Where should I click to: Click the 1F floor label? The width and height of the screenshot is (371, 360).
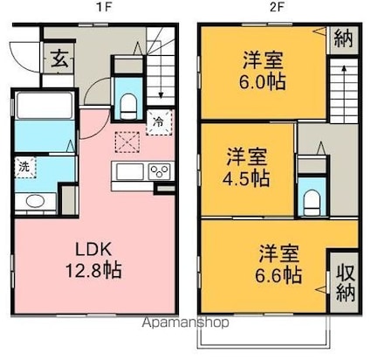pyautogui.click(x=104, y=7)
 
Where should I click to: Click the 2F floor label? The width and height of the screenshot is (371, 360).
pyautogui.click(x=276, y=7)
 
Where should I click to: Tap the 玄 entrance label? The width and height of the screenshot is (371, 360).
pyautogui.click(x=60, y=59)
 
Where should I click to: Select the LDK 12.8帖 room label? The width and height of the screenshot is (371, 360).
pyautogui.click(x=93, y=260)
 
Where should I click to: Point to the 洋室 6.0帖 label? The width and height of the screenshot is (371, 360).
pyautogui.click(x=263, y=71)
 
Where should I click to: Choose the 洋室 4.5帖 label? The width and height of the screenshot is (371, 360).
pyautogui.click(x=246, y=167)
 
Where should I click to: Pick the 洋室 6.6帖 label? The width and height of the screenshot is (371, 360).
pyautogui.click(x=278, y=264)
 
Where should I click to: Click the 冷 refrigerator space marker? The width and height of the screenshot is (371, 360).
pyautogui.click(x=159, y=122)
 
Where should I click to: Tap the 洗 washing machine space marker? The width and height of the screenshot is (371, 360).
pyautogui.click(x=24, y=167)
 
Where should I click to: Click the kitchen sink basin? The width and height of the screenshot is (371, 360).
pyautogui.click(x=130, y=172)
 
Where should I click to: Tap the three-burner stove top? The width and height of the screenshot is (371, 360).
pyautogui.click(x=159, y=171)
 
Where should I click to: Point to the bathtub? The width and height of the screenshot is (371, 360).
pyautogui.click(x=45, y=105)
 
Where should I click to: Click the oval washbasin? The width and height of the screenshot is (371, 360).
pyautogui.click(x=35, y=201)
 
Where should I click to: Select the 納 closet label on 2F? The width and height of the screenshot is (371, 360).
pyautogui.click(x=343, y=38)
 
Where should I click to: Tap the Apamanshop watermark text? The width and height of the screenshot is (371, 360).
pyautogui.click(x=185, y=322)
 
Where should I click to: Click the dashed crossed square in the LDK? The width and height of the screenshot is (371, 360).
pyautogui.click(x=127, y=142)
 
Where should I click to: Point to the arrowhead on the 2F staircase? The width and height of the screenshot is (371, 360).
pyautogui.click(x=344, y=68)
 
